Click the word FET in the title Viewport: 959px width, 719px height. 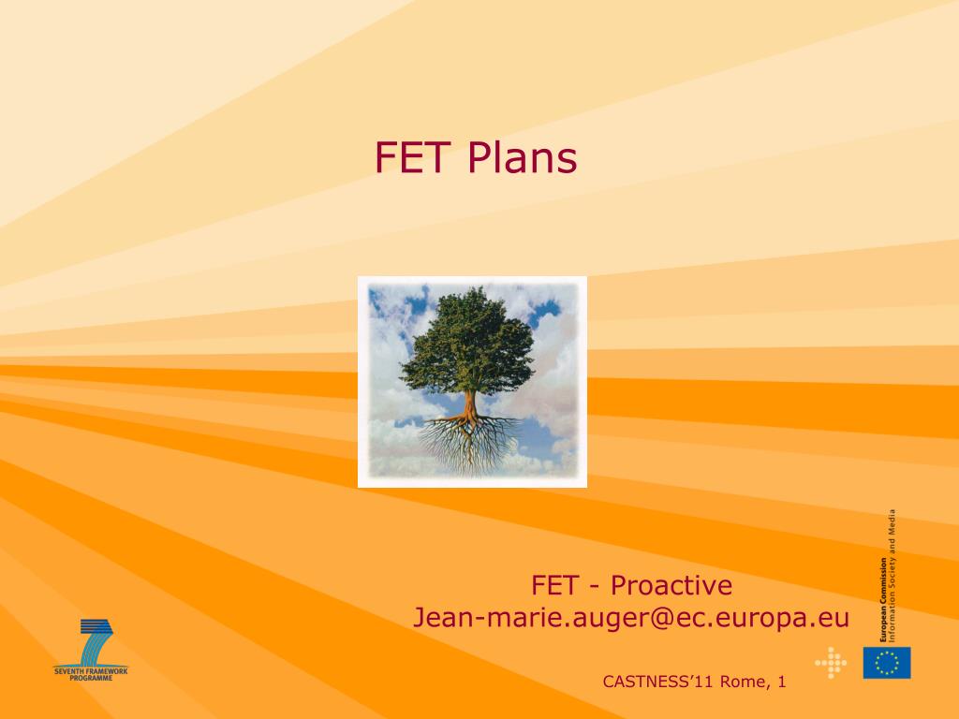(x=413, y=157)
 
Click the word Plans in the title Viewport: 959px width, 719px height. (x=523, y=157)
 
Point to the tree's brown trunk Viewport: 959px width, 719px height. (x=470, y=408)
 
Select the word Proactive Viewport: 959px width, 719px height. (x=671, y=586)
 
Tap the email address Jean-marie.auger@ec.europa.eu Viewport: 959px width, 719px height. (x=631, y=618)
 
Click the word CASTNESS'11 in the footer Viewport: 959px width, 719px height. (x=658, y=682)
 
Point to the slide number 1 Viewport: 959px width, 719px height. (x=782, y=682)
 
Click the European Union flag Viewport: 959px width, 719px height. (x=887, y=663)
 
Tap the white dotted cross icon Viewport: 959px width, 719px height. (x=831, y=663)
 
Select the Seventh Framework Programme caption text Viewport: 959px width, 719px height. (x=91, y=674)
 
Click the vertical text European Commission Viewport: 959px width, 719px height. (x=883, y=599)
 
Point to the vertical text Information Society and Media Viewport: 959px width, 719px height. (x=893, y=576)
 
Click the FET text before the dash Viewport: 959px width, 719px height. (x=554, y=586)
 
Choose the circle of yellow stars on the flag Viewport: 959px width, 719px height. (x=887, y=663)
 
